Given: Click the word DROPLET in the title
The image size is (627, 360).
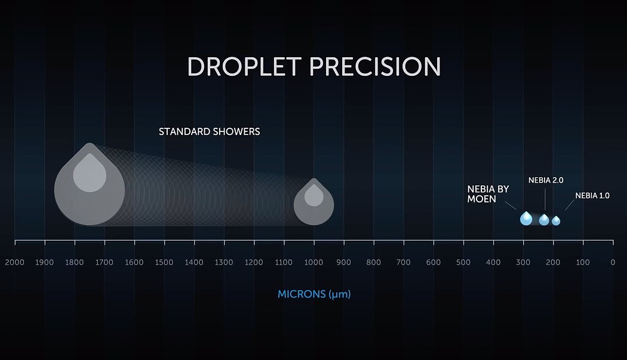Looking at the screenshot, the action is pos(244,66).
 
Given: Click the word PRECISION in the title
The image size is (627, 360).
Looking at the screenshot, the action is pos(375,66).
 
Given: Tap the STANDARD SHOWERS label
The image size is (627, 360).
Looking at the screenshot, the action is pos(209,131).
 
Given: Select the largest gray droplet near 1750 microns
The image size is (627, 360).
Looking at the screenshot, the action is pos(90,184).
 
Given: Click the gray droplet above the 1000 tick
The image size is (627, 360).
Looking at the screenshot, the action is pos(314,202).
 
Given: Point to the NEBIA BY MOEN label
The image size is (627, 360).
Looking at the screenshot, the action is pos(488,194).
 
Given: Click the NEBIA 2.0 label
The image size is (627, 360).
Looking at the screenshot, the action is pos(546,180).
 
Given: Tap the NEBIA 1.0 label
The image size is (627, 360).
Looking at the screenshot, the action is pos(592,196).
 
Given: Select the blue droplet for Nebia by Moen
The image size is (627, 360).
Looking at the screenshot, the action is pos(526,219).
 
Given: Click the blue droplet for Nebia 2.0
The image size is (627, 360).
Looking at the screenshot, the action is pos(544,220).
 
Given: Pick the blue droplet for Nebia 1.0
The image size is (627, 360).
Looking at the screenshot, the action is pos(556,221).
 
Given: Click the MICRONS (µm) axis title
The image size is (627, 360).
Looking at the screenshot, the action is pos(314,294).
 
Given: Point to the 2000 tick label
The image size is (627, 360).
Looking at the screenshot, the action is pos(15,263).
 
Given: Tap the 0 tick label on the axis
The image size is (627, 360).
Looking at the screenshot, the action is pos(613,263).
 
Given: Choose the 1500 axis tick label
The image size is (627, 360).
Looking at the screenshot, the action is pos(164,263).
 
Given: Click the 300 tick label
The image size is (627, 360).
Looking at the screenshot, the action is pos(523,263).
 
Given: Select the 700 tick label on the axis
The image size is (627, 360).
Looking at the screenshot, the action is pos(404,263).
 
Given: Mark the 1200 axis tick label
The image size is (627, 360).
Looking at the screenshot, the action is pos(254,263).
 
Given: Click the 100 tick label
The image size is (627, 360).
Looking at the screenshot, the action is pos(583,263).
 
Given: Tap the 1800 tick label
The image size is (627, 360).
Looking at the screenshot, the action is pos(75,263).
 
